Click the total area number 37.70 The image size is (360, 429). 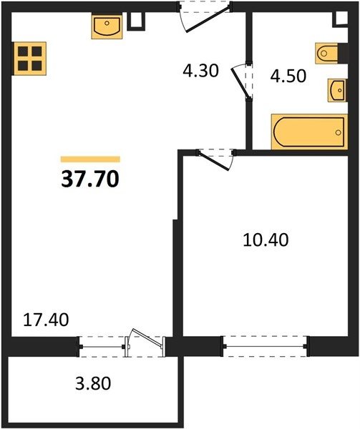pos(90,179)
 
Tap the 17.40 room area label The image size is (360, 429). pos(46,320)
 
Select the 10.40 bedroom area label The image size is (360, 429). pos(266,240)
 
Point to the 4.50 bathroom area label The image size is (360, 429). pos(288,76)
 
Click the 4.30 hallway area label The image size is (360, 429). pos(200,71)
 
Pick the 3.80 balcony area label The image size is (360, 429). pos(93,383)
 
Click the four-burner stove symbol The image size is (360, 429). pos(29,59)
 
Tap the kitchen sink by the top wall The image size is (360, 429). pos(107,26)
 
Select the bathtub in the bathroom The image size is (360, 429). pos(309,132)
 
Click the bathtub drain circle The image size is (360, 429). pos(338,132)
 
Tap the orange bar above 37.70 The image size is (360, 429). pos(90,159)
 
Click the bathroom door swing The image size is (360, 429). pos(240,82)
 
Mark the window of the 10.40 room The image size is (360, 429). pos(265,346)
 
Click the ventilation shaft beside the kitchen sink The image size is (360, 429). pos(136,21)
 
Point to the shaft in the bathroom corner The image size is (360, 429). pos(341,19)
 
